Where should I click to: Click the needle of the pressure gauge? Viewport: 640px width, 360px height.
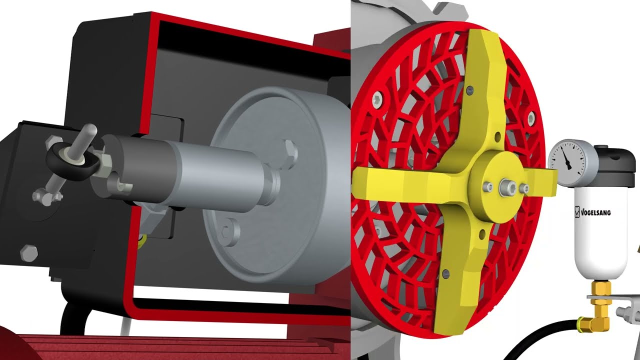click(566, 159)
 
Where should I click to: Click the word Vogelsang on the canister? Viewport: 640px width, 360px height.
click(598, 212)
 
